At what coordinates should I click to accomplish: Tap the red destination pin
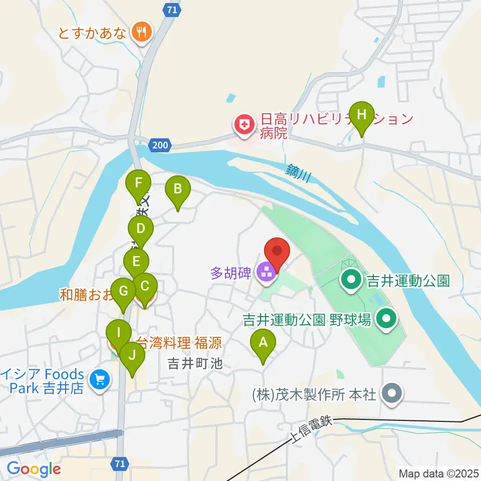277,252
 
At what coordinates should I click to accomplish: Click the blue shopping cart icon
100,379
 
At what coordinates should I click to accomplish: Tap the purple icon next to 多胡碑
266,273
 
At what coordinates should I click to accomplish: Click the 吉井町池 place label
195,364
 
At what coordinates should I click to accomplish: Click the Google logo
34,469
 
